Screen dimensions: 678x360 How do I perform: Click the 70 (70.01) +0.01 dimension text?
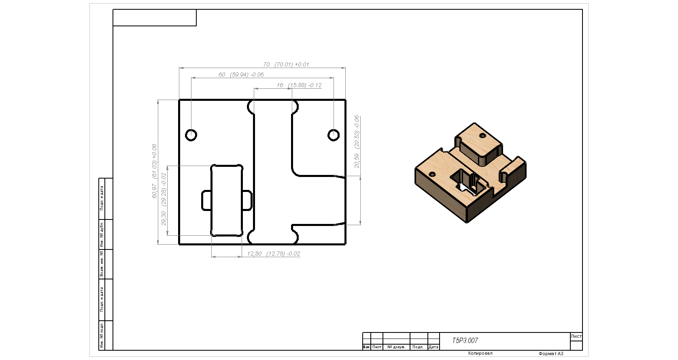(286, 64)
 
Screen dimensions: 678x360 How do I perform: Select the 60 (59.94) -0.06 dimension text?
(241, 75)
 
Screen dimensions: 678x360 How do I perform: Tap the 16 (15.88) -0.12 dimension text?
(299, 85)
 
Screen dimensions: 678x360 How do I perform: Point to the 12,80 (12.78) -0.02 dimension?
(274, 254)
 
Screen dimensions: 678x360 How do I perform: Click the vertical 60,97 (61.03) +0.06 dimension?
(154, 171)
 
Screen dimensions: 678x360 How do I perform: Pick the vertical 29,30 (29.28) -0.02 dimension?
(164, 199)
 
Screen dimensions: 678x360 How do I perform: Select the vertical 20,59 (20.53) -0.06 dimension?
(357, 141)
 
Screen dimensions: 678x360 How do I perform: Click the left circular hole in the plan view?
(191, 135)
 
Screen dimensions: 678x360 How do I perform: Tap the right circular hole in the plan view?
(334, 135)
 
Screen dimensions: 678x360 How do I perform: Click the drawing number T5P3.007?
(465, 341)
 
